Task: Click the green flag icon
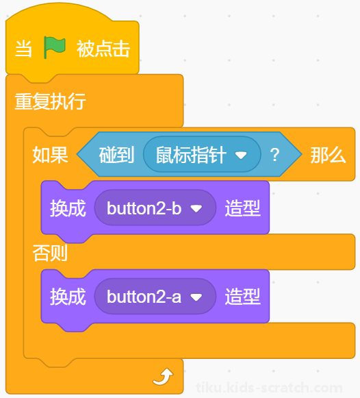(55, 47)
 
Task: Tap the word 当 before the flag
(23, 49)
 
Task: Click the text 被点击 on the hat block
(103, 49)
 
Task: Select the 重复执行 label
(50, 101)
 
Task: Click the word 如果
(50, 155)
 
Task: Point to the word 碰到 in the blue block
(116, 155)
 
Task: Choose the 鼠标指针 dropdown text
(191, 155)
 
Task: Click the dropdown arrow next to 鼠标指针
(241, 155)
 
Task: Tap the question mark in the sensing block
(274, 155)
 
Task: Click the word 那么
(328, 155)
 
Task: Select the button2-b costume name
(144, 208)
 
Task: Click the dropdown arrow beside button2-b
(196, 209)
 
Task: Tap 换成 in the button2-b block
(68, 208)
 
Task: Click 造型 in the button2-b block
(242, 208)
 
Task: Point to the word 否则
(50, 253)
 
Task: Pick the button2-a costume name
(144, 297)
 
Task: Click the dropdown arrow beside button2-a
(196, 297)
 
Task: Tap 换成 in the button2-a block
(68, 297)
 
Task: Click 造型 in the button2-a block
(242, 297)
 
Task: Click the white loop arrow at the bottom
(164, 377)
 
